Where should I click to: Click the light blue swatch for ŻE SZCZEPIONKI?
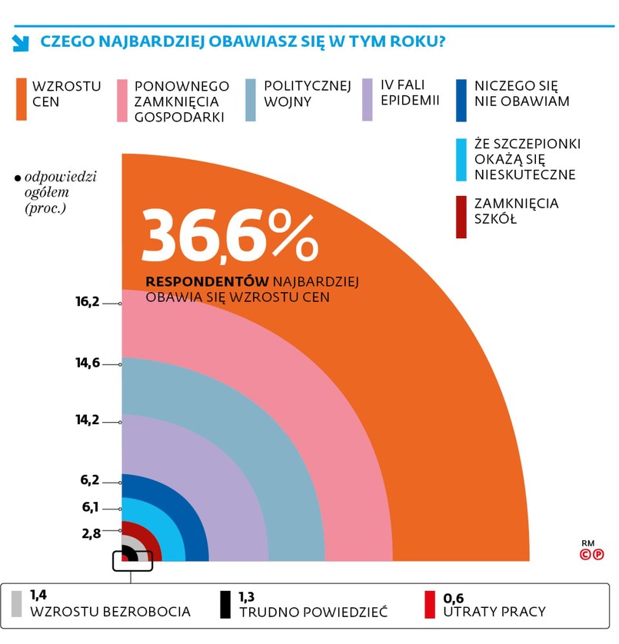[461, 159]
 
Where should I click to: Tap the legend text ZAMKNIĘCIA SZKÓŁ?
[517, 211]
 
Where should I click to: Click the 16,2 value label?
[88, 303]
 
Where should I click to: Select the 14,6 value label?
[88, 363]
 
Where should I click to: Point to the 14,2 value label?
[88, 422]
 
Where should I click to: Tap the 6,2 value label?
[90, 481]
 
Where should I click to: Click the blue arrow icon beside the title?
[21, 43]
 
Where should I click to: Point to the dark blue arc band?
[199, 530]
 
